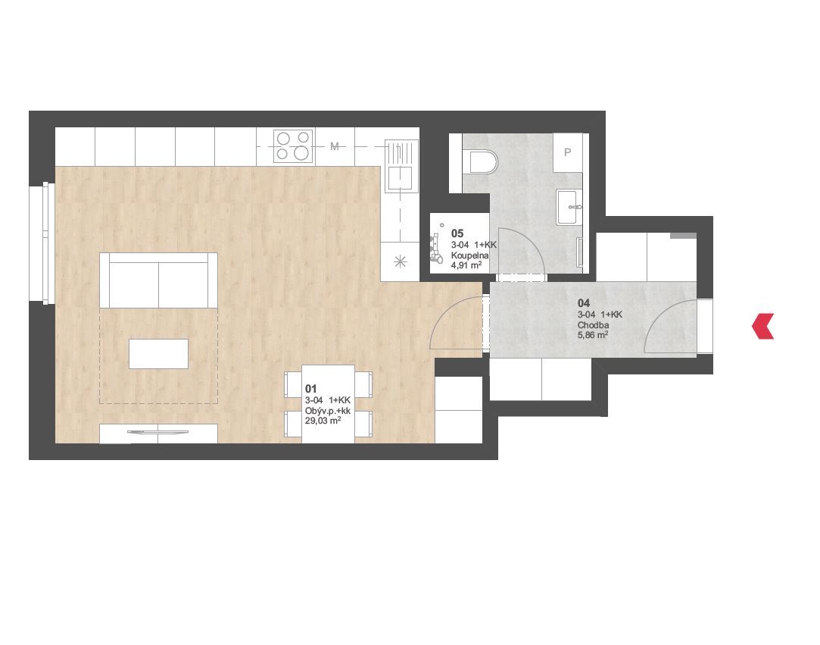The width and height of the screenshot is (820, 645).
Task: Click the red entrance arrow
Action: point(762,326)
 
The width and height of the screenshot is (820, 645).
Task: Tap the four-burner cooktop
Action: point(293,146)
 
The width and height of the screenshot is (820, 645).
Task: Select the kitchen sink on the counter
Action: point(401,165)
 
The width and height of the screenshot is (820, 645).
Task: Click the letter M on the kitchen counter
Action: point(335,146)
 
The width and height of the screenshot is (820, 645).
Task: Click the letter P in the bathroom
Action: point(567,152)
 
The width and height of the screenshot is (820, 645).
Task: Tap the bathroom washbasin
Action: point(569,207)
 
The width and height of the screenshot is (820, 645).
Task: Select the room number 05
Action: point(457,233)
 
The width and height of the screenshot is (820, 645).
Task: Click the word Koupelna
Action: point(469,255)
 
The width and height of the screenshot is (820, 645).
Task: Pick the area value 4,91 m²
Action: point(466,265)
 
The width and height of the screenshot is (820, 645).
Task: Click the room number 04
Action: point(584,303)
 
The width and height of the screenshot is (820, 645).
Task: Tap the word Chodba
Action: point(593,325)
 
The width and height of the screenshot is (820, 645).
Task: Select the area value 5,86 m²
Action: point(593,335)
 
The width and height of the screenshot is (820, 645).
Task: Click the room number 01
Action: point(310,389)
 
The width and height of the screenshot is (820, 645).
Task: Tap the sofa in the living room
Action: point(158,280)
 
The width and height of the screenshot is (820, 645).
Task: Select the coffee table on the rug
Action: point(158,354)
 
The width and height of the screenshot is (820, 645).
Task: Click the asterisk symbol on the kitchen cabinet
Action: point(400,261)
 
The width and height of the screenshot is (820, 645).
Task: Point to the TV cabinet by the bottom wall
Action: point(158,434)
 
